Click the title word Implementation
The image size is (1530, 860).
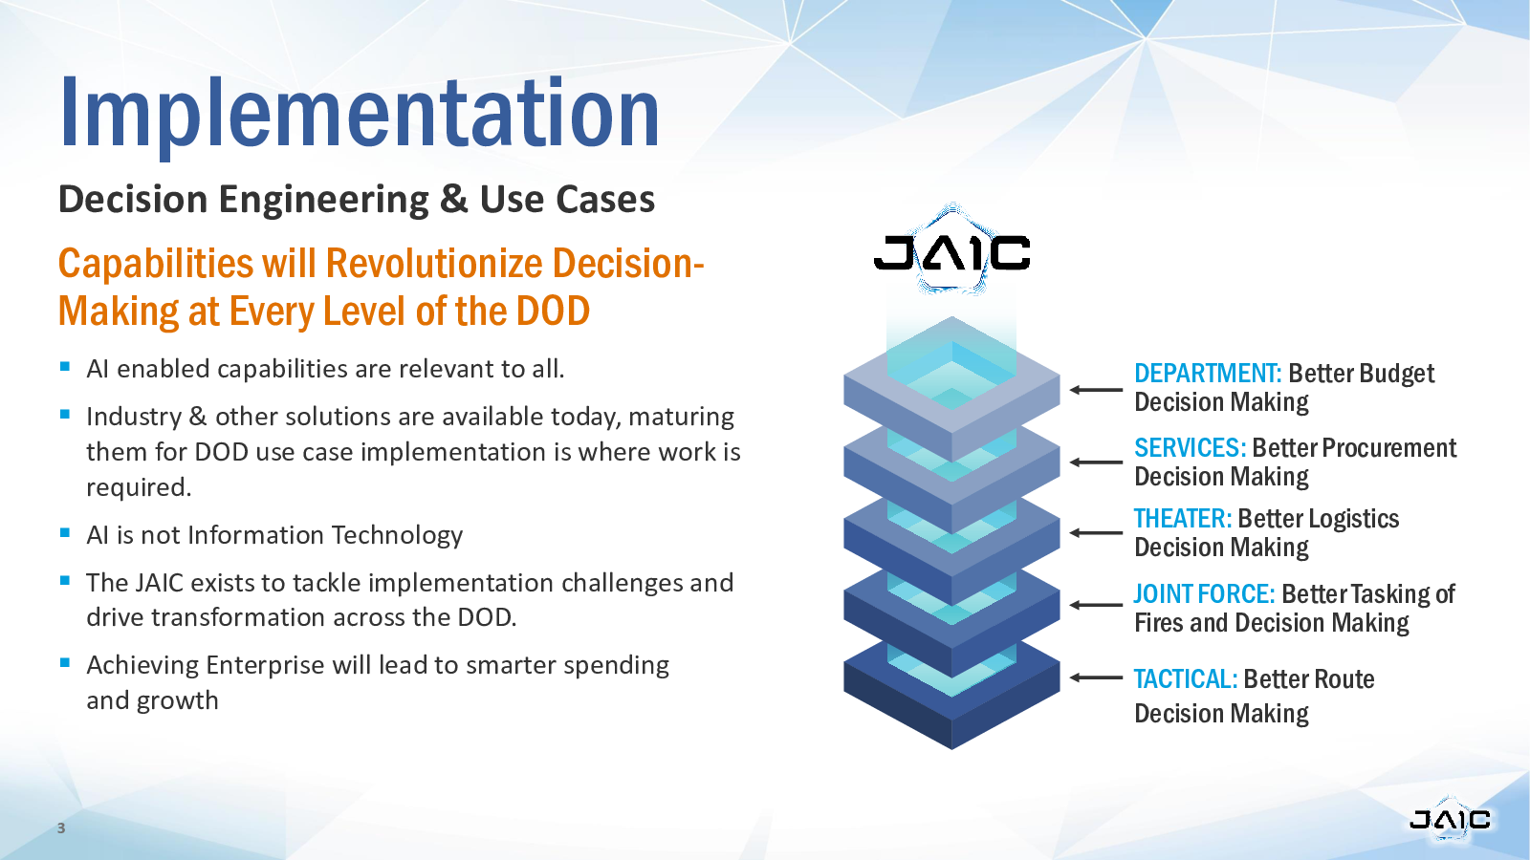(360, 115)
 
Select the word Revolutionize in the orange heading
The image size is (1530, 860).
(435, 264)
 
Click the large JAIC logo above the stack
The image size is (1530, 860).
(952, 251)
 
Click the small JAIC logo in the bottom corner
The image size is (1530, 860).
(1450, 818)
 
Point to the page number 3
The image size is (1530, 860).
(61, 828)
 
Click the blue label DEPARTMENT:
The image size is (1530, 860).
(1208, 374)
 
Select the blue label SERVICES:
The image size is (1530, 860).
(1190, 448)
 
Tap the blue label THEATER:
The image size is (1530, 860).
(1183, 519)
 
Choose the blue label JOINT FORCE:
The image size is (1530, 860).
(1205, 593)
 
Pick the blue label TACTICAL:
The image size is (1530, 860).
(1186, 679)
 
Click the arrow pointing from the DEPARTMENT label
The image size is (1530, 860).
(1096, 390)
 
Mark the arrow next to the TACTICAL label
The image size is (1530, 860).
(1096, 677)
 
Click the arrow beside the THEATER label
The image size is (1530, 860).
(1096, 533)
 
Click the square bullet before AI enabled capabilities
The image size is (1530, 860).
(65, 367)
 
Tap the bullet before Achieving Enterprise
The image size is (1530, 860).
(65, 662)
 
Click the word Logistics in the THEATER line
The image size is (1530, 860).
(1353, 520)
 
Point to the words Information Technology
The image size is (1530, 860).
(325, 535)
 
